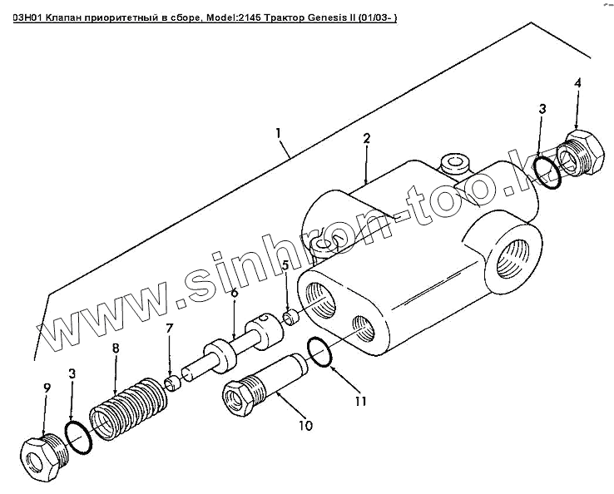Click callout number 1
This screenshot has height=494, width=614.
(279, 133)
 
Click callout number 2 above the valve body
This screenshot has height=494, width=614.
(365, 141)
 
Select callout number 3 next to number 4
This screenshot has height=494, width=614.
(542, 109)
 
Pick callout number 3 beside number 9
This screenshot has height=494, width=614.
(72, 376)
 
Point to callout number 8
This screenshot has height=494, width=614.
(116, 348)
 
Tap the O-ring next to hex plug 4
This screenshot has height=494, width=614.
(547, 170)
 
